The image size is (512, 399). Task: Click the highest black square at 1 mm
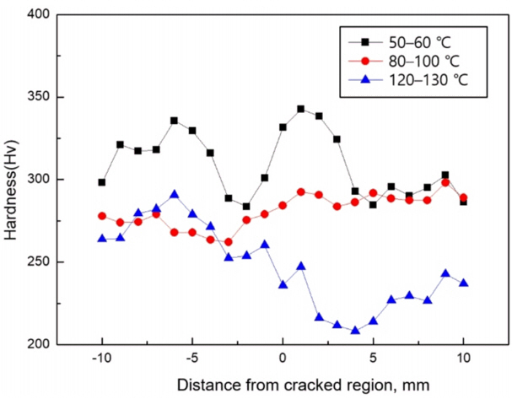301,109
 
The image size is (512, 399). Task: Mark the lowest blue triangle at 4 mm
355,331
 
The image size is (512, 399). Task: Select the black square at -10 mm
102,182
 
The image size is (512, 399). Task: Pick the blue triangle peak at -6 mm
175,195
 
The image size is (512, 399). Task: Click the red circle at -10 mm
102,216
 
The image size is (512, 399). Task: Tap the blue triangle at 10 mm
463,283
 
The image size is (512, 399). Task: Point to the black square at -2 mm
246,206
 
